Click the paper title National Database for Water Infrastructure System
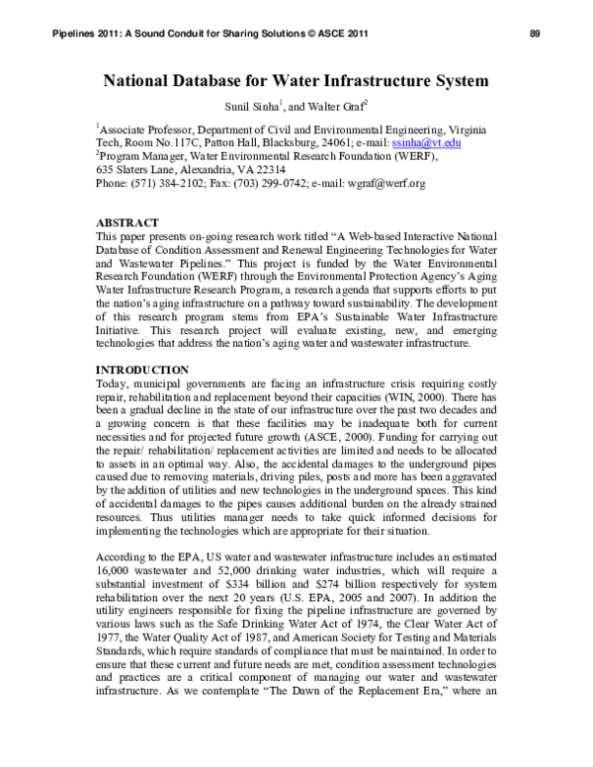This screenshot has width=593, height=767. [x=296, y=82]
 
